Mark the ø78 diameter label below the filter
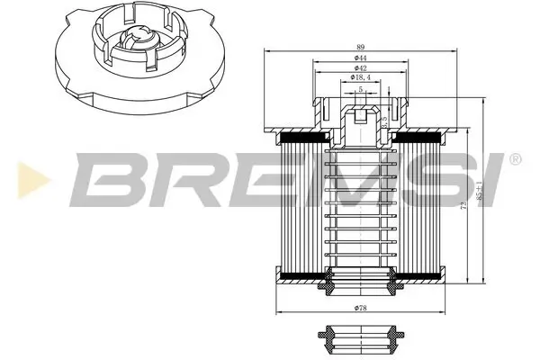click(x=359, y=309)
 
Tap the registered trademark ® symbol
click(x=514, y=158)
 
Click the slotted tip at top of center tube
click(x=359, y=115)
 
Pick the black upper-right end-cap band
click(x=415, y=138)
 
